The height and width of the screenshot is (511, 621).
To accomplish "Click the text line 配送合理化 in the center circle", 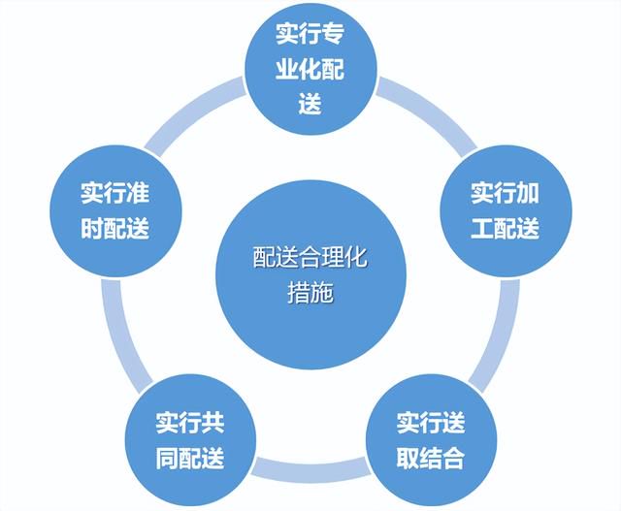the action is (310, 257).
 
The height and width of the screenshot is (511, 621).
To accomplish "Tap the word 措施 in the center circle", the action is (310, 293).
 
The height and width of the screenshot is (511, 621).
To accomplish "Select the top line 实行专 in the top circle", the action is (310, 34).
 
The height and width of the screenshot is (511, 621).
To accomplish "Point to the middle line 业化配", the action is (310, 69).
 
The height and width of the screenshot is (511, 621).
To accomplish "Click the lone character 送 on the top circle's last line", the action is (310, 104).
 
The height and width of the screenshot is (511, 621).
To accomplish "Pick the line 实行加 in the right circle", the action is (505, 193).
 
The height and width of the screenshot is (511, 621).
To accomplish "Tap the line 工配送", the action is (505, 228).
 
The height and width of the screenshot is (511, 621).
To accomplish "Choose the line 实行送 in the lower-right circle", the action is (431, 423).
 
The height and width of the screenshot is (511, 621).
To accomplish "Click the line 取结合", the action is (431, 458).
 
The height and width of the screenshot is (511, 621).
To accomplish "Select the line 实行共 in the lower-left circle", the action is (190, 423).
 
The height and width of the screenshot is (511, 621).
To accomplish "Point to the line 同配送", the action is (190, 458).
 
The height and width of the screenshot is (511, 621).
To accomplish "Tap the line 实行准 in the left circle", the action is (114, 193).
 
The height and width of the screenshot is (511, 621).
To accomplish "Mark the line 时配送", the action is (114, 228).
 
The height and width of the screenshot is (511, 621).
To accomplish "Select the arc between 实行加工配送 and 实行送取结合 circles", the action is (503, 335).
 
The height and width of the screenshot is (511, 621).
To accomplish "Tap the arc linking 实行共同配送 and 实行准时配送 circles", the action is (118, 335).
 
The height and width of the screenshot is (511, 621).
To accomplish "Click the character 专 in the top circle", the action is (333, 34).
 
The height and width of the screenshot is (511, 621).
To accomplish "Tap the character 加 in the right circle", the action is (528, 193).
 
